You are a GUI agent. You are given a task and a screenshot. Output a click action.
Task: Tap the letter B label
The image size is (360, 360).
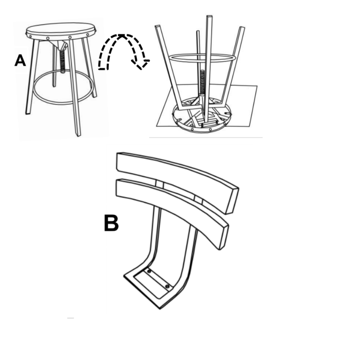click(x=111, y=223)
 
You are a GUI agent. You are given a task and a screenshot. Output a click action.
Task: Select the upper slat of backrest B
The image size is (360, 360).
click(x=176, y=176)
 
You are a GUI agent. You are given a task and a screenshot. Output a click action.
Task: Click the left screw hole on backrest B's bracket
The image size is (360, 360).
click(x=149, y=272)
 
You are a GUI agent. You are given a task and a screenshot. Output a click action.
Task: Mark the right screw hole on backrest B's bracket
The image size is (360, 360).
click(x=167, y=287)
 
